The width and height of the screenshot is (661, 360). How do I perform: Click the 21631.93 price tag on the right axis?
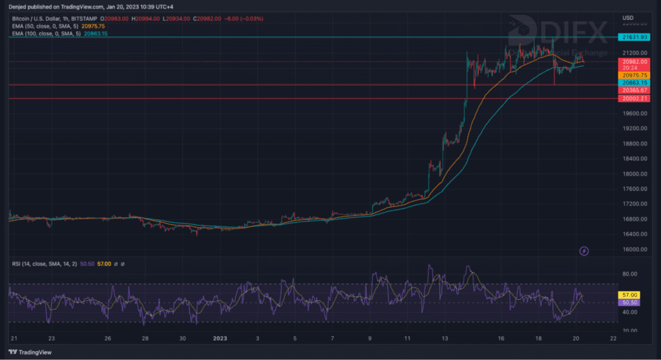[x=635, y=37]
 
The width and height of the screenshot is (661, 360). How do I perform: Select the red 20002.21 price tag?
[x=635, y=99]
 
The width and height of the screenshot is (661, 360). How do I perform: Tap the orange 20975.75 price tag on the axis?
[x=635, y=75]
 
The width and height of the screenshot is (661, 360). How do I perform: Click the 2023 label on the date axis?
[x=220, y=338]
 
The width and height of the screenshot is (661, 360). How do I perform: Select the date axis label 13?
[x=445, y=338]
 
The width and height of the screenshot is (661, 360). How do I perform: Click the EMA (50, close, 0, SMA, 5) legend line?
[x=45, y=26]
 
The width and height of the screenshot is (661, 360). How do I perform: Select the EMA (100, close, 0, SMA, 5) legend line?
[x=46, y=33]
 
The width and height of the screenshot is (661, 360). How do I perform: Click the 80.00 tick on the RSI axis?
[x=630, y=274]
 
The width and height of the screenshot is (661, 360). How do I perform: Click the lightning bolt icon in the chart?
[x=584, y=250]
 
